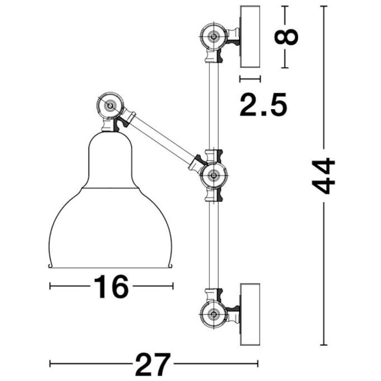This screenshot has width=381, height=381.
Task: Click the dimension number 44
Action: tap(324, 176)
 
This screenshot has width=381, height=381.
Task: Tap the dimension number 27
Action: tap(153, 364)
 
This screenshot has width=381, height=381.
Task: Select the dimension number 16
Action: tap(111, 287)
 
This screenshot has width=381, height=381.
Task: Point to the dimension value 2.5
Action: tap(263, 105)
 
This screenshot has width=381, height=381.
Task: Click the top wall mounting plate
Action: tap(250, 36)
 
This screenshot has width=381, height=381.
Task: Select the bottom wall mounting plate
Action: tap(250, 314)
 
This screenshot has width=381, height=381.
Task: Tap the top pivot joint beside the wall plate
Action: tap(213, 36)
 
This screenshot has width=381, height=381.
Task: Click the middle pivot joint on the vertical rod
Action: tap(213, 176)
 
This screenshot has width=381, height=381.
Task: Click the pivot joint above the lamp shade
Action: tap(110, 106)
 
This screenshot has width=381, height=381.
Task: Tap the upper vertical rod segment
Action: tap(213, 104)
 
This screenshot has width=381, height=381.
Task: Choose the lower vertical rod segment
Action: tap(213, 244)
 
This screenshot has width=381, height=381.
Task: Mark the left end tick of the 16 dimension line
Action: tap(50, 286)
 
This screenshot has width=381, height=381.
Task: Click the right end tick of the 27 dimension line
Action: tap(257, 364)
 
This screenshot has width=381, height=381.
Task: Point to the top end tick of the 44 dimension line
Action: tap(324, 7)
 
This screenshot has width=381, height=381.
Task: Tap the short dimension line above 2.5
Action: tap(250, 79)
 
